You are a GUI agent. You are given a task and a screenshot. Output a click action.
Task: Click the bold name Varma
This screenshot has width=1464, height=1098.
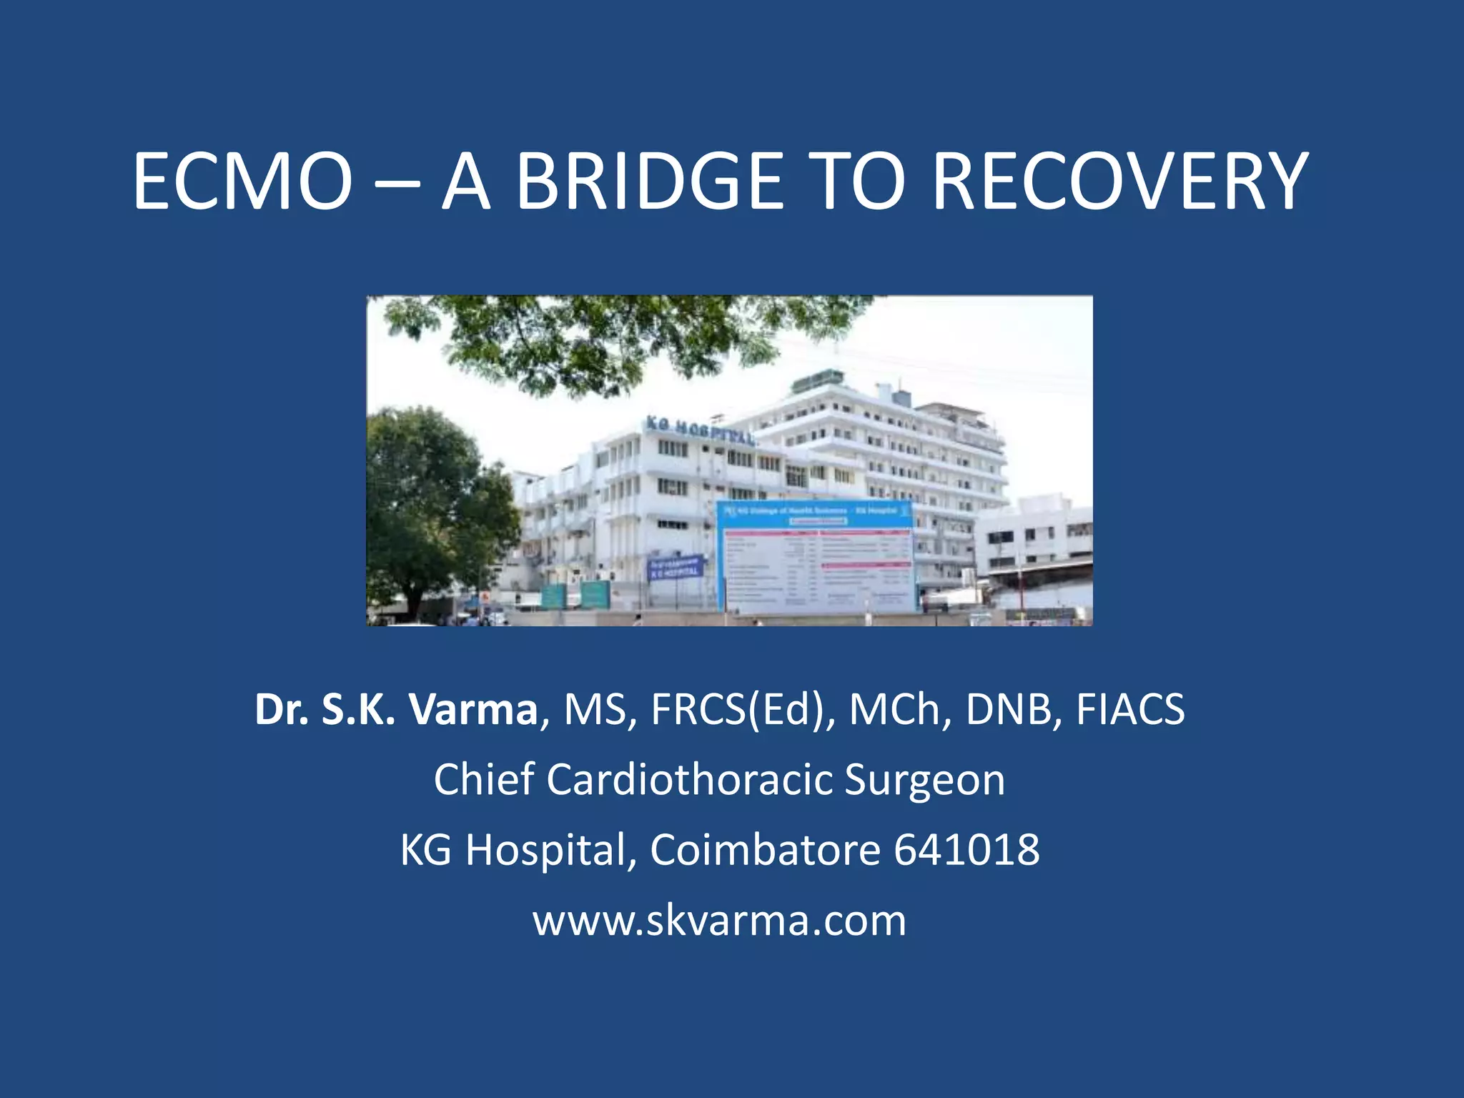point(473,710)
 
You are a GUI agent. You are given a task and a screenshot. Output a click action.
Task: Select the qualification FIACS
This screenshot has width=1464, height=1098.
point(1130,710)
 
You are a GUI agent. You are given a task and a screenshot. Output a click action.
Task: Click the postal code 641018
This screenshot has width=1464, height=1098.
point(966,850)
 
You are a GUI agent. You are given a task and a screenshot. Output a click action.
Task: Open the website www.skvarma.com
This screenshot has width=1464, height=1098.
point(719,920)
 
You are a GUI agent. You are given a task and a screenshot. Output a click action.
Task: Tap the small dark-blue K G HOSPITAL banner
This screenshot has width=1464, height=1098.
point(674,568)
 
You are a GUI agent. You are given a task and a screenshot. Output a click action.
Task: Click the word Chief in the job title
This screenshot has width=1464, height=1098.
point(483,779)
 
